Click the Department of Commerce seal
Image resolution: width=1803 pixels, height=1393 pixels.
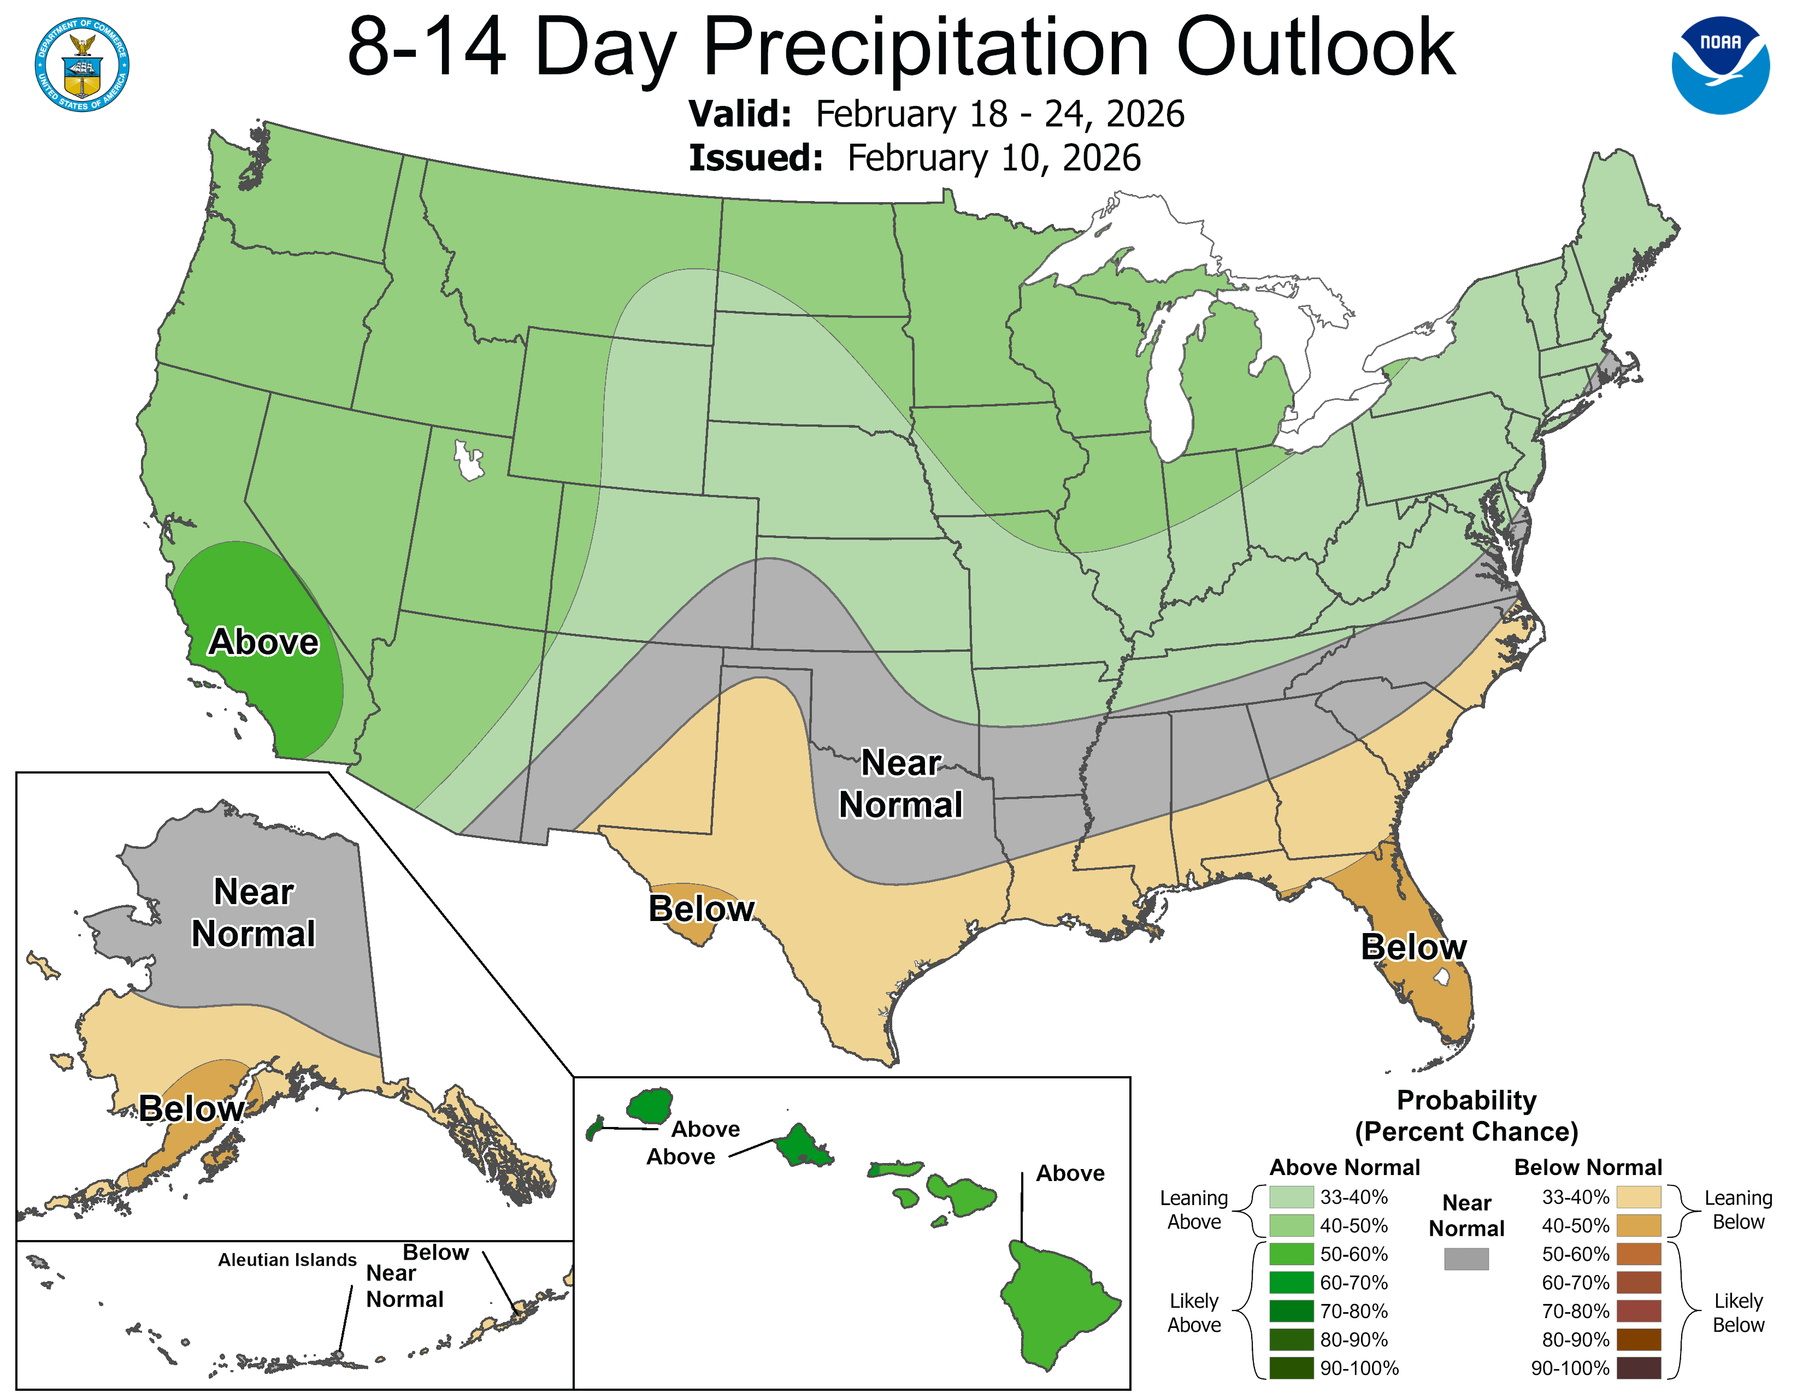(82, 64)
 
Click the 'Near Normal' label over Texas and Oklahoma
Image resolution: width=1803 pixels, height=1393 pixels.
(900, 784)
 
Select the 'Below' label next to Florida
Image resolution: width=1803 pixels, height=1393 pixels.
(1413, 947)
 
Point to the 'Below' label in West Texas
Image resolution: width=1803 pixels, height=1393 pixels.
(701, 908)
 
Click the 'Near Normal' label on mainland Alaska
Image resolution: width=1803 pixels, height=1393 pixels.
(254, 913)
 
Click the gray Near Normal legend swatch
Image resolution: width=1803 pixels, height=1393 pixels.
(1466, 1259)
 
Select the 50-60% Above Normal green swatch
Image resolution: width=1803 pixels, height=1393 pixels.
(1291, 1254)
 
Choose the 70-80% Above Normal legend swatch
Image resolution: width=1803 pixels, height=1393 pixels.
(1291, 1311)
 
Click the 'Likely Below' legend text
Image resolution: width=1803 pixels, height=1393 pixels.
(1738, 1312)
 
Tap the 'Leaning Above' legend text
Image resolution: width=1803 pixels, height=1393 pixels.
(1194, 1210)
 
